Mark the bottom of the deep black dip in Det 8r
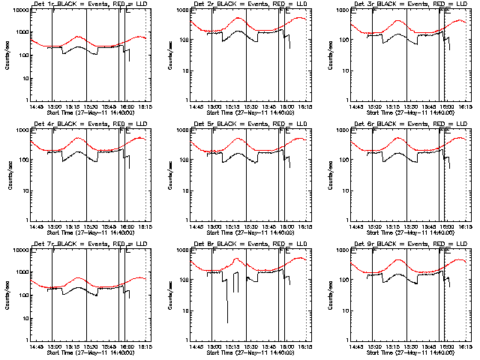point(227,323)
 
